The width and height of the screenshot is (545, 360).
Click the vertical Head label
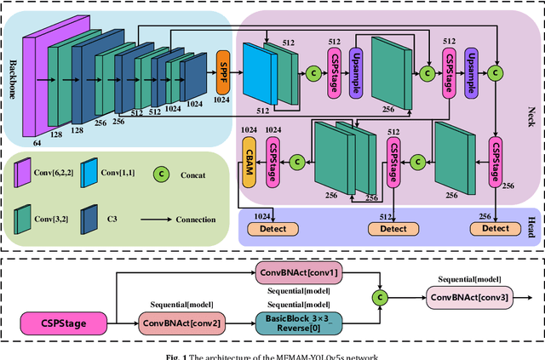click(x=533, y=230)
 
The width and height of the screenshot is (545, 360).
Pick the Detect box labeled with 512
click(x=392, y=228)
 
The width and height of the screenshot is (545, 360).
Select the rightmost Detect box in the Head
click(x=495, y=228)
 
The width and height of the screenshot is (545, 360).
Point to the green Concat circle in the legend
click(x=160, y=177)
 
